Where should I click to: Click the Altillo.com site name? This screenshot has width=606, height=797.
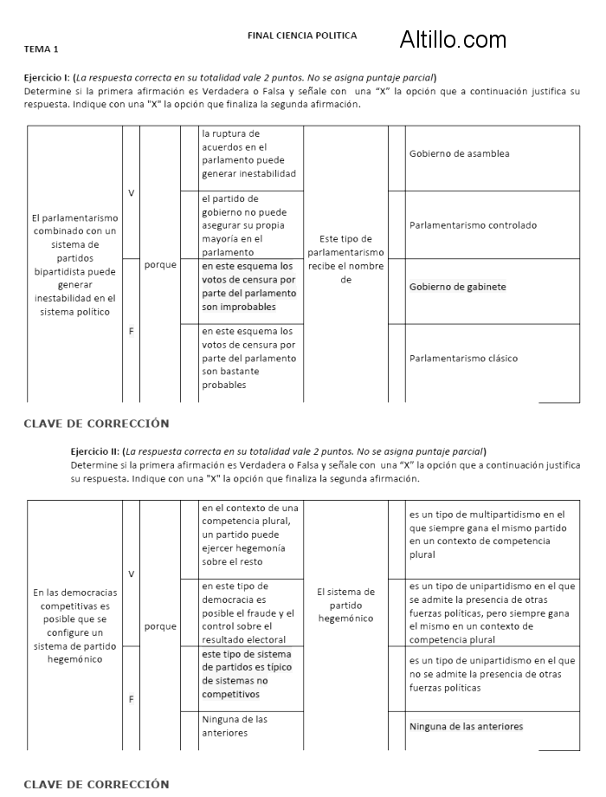[x=453, y=39]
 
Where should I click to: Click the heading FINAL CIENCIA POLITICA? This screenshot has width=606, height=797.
[x=302, y=36]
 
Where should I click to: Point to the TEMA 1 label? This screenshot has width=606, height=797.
[x=42, y=49]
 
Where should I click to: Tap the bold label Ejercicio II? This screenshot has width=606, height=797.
[x=95, y=451]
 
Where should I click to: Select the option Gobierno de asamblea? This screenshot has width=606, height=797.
[x=459, y=154]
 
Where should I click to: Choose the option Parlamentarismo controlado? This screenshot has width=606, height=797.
[x=473, y=225]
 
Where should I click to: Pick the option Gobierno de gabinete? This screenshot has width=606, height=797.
[x=457, y=287]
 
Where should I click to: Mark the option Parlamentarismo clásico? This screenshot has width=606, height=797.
[x=463, y=358]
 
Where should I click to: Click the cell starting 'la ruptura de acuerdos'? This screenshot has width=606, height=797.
[x=248, y=154]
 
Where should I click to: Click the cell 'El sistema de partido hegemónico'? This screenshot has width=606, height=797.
[x=346, y=605]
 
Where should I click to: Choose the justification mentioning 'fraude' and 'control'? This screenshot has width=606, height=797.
[x=248, y=612]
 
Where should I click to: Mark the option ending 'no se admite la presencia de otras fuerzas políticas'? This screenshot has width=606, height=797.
[x=492, y=674]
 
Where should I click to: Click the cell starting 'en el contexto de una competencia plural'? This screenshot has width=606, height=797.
[x=250, y=535]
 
